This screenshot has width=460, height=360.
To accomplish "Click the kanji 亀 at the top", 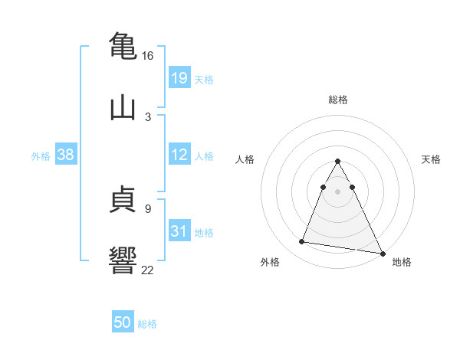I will coord(123,46).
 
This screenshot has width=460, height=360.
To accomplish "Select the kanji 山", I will coord(123,107).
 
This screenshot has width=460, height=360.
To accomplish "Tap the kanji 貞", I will coord(123,201).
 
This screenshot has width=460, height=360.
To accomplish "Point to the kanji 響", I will coord(123,259).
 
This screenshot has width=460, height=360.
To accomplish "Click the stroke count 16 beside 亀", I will coord(147,56).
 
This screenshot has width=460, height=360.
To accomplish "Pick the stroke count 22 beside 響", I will coord(147,269).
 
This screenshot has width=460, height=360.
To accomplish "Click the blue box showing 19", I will coord(179,78).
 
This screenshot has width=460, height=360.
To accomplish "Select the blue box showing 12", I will coord(179,155).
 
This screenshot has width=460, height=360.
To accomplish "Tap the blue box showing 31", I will coord(179,231).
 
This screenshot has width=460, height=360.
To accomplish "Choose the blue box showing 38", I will coord(66,155).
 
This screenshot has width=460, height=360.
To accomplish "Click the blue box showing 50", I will coord(123,323).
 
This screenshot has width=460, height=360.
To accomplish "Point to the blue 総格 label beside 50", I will coord(147,324).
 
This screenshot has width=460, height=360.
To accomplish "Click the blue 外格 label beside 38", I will coord(41,156).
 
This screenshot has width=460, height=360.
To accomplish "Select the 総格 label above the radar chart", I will coord(338,100).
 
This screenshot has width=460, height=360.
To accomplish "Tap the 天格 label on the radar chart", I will coord(432,159).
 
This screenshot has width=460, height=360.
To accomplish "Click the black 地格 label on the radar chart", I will coord(402,262).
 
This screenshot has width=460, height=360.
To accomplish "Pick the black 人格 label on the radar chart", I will coord(245,159).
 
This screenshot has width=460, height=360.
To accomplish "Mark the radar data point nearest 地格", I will coord(382,254).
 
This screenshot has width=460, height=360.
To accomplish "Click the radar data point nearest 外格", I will coord(301,242).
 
